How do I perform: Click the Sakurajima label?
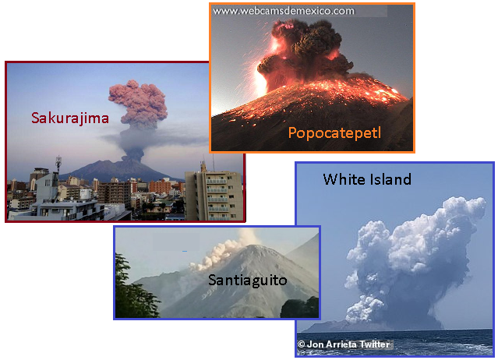[70, 118]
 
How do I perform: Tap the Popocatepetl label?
[334, 132]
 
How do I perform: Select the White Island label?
[367, 179]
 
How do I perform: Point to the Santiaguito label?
[247, 281]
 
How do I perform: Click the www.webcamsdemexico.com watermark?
[284, 11]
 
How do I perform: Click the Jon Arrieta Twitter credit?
[344, 344]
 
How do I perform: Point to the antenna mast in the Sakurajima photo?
[58, 164]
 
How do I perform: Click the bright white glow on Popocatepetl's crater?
[260, 79]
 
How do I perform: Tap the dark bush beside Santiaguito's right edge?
[299, 307]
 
